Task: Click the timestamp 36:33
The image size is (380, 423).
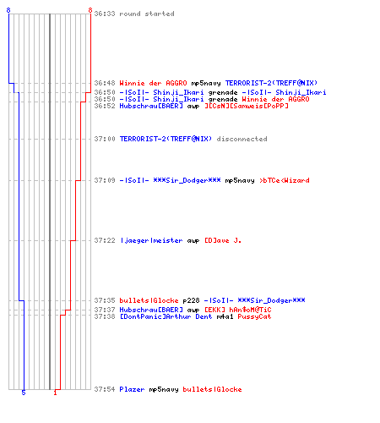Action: (x=105, y=14)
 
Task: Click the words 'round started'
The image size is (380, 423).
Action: (x=147, y=14)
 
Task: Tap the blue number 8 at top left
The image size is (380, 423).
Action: (x=8, y=10)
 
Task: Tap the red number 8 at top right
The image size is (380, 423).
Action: (x=90, y=10)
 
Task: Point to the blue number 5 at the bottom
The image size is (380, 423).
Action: (x=24, y=393)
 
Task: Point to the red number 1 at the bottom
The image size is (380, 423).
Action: (x=55, y=393)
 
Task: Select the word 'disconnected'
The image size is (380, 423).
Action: (x=242, y=139)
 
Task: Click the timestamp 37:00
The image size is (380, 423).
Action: (x=105, y=139)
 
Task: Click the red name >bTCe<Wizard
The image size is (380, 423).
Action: (x=285, y=180)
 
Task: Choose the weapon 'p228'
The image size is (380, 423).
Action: (x=191, y=300)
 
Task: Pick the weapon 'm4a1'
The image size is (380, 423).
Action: (x=225, y=316)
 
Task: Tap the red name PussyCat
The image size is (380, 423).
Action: (x=254, y=316)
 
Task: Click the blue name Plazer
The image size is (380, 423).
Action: (x=132, y=389)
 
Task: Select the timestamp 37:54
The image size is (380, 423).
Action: (x=105, y=389)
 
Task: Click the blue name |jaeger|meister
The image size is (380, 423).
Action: (x=151, y=240)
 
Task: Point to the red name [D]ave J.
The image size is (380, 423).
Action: (x=223, y=240)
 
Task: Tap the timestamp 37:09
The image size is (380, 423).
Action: (x=105, y=180)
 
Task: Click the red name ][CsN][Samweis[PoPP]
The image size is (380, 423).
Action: (x=247, y=106)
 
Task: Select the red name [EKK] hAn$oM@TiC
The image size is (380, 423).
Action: (x=238, y=310)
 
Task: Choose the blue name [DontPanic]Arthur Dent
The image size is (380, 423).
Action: (x=166, y=316)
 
